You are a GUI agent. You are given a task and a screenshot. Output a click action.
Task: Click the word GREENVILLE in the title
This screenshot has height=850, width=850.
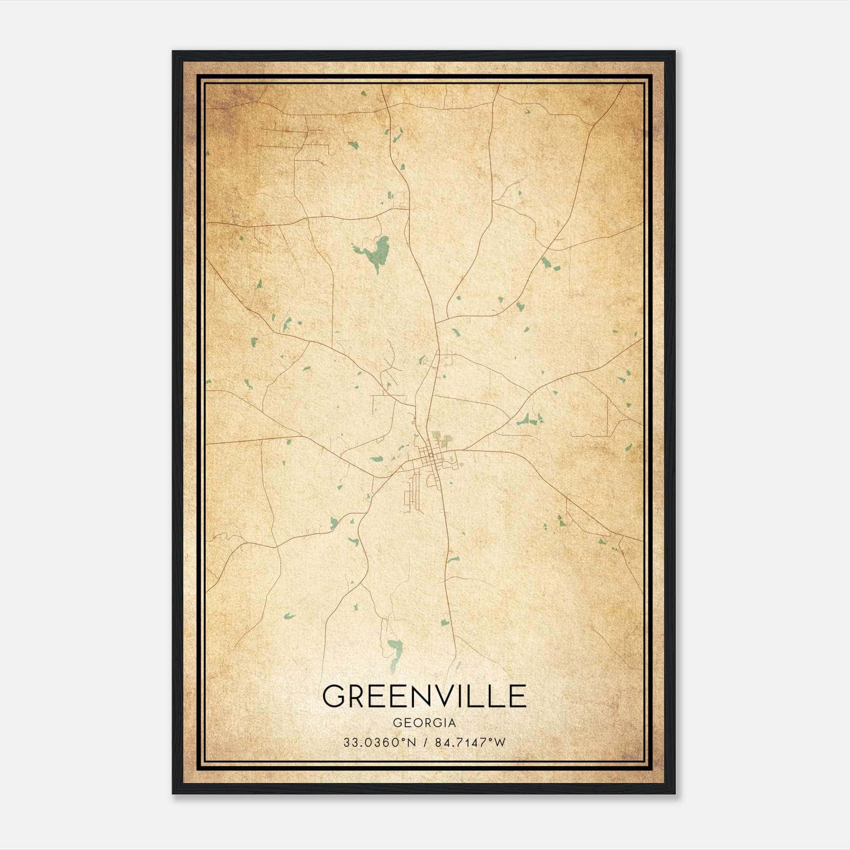pos(424,696)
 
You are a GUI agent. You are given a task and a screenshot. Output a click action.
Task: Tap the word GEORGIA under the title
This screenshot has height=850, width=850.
pos(424,723)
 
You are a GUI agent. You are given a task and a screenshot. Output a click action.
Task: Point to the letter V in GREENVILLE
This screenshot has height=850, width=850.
pos(443,696)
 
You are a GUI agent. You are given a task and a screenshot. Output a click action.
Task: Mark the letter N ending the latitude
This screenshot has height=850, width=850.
pos(411,743)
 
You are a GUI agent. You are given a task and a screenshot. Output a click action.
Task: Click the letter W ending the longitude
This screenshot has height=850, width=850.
pos(499,743)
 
